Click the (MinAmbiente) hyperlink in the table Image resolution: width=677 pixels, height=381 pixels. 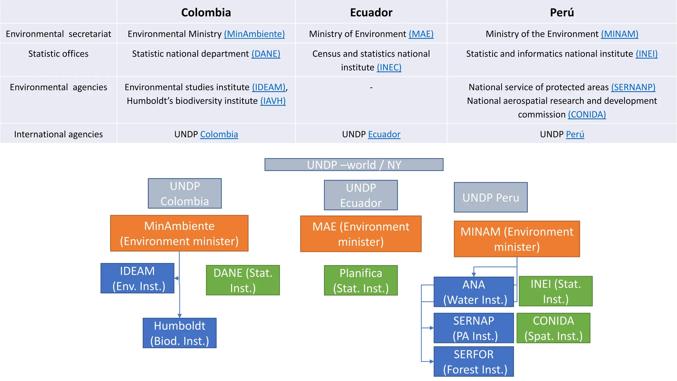coord(254,34)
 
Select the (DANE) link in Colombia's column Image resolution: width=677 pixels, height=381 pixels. coord(266,54)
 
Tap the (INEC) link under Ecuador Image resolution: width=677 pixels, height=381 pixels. coord(389,67)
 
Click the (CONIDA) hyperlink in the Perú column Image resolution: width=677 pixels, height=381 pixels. coord(587,114)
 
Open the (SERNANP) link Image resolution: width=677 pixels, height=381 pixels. coord(633,87)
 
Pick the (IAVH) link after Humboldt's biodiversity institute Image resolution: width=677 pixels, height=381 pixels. coord(273,101)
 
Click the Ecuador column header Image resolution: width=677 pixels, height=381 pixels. coord(371,13)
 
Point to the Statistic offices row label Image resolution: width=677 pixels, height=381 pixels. coord(58,54)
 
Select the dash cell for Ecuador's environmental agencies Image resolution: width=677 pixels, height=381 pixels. coord(371,88)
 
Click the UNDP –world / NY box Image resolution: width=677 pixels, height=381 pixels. coord(354,165)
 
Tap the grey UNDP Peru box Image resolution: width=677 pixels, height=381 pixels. coord(491,197)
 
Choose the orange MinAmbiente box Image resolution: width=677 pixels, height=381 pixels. coord(179,233)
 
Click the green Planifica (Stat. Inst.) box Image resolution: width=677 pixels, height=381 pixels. coord(361,280)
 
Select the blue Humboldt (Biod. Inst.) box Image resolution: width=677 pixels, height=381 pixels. coord(179,333)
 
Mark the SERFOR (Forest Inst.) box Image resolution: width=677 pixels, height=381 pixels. coord(473,361)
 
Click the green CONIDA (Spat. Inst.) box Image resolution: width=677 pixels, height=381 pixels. coord(553,328)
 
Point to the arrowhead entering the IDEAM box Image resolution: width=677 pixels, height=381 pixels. coord(177,278)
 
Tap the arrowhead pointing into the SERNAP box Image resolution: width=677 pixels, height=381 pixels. coord(431,328)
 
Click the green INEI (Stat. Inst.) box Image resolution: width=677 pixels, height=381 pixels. coord(555,291)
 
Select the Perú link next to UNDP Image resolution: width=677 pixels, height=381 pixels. coord(575,134)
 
